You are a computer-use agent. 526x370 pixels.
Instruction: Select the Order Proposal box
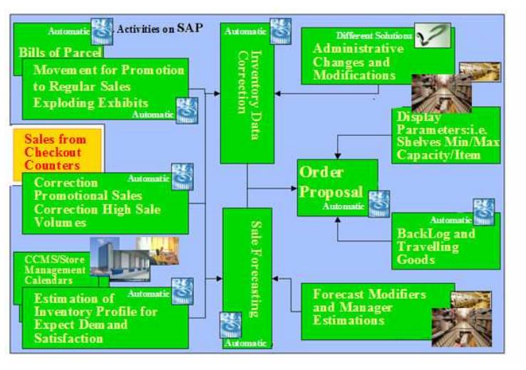(337, 188)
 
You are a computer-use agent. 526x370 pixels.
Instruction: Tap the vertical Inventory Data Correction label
(250, 95)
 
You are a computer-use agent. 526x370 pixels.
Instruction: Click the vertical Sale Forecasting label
(257, 269)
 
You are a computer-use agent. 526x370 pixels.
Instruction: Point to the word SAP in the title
(190, 28)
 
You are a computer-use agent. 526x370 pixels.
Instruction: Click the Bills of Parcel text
(60, 52)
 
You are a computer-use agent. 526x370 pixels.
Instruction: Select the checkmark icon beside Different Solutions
(433, 35)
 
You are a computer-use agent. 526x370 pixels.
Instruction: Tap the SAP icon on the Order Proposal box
(379, 203)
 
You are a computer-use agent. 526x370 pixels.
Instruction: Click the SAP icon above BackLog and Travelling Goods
(483, 212)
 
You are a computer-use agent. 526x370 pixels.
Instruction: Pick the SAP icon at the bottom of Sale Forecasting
(230, 325)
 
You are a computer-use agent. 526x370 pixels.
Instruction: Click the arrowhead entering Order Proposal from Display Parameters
(338, 156)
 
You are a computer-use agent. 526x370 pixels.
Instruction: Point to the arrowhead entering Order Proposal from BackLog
(338, 219)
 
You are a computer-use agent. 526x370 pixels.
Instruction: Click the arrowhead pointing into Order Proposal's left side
(294, 188)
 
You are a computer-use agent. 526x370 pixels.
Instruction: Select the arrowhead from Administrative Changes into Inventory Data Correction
(277, 93)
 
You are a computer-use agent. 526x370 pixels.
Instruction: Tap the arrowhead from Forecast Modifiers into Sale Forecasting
(275, 278)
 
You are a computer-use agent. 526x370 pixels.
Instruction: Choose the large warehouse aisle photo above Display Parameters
(441, 93)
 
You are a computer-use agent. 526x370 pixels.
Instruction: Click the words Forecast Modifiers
(369, 294)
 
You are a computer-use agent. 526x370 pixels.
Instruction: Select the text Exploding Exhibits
(91, 102)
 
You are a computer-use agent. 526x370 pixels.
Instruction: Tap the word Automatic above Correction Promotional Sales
(148, 178)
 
